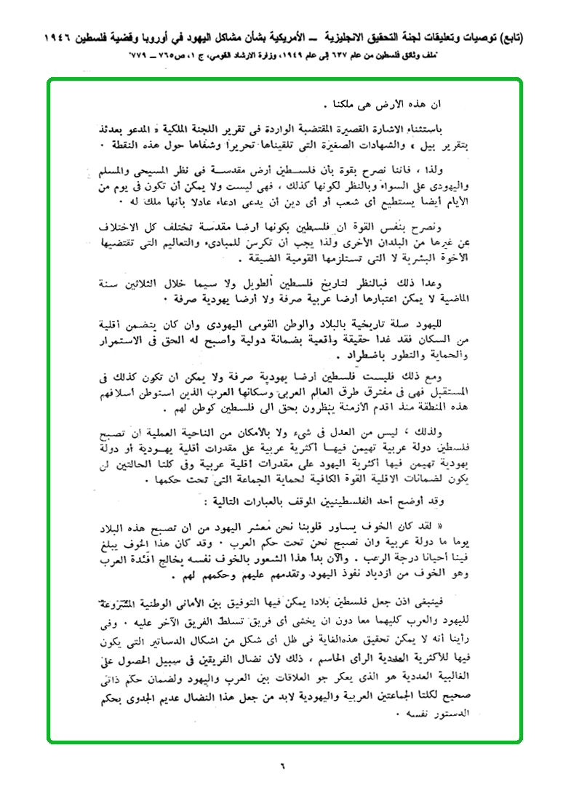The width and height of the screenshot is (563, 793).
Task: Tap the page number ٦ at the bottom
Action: [x=282, y=765]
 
